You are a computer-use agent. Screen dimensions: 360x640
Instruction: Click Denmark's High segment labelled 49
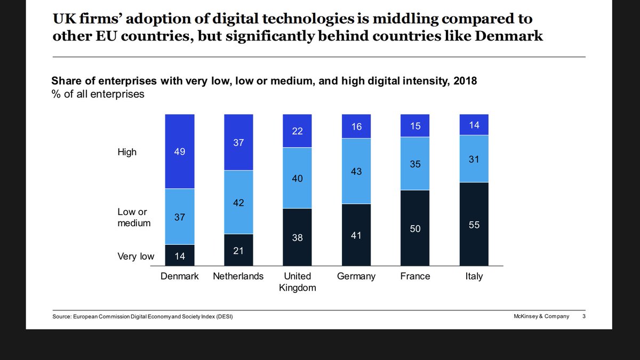tap(180, 151)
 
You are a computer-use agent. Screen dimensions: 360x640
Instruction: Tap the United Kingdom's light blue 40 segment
tap(297, 178)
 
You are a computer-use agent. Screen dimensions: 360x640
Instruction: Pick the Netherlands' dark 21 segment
tap(238, 250)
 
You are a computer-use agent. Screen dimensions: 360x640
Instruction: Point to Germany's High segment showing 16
tap(356, 126)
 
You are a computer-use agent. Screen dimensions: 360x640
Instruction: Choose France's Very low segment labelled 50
tap(415, 228)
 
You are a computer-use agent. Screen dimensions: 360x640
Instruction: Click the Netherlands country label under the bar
tap(238, 276)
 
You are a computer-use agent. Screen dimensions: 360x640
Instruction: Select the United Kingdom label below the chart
tap(297, 282)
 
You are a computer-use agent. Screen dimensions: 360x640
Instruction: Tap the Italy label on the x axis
tap(474, 276)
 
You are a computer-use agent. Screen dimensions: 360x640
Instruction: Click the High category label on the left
tap(127, 152)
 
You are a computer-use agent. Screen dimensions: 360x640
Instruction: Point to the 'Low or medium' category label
tap(133, 217)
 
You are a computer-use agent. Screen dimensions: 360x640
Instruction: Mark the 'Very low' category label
tap(135, 257)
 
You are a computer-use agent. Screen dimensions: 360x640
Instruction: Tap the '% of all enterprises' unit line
tap(98, 94)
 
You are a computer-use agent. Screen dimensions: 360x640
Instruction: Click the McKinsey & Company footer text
tap(538, 316)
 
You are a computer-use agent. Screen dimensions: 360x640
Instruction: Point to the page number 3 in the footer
tap(583, 316)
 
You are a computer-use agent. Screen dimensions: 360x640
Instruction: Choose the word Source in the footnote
tap(62, 317)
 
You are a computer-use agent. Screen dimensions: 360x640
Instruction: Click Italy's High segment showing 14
tap(474, 125)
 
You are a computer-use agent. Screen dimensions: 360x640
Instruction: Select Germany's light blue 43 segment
tap(356, 171)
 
